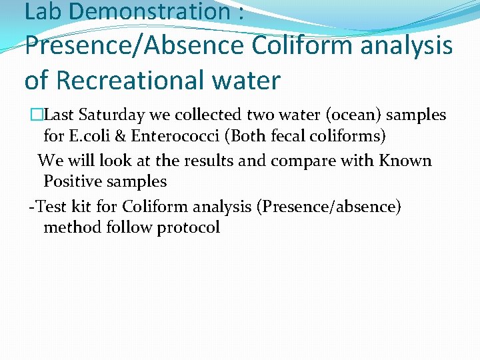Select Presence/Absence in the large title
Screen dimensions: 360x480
tap(133, 47)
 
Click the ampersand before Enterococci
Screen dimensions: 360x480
tap(122, 137)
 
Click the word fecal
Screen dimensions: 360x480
tap(287, 137)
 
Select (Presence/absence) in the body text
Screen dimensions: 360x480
tap(332, 207)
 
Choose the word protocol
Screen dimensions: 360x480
tap(188, 228)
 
